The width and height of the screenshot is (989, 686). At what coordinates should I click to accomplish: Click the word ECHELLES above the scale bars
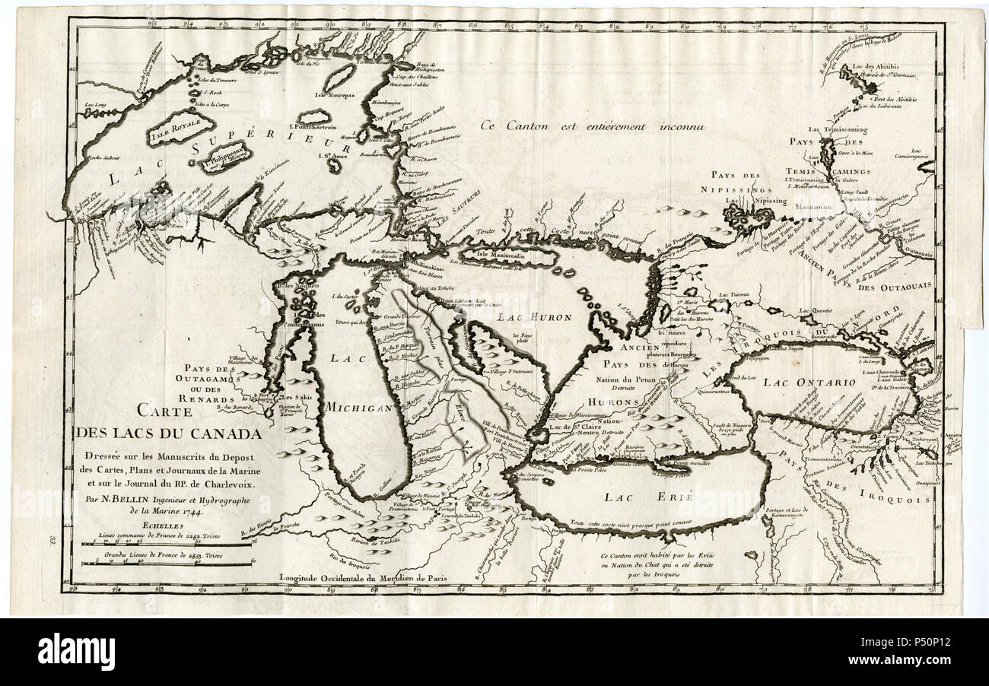(104, 522)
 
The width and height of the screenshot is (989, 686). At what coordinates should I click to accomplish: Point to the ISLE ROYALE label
(171, 135)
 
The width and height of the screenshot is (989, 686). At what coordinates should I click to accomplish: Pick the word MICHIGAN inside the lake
(358, 408)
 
